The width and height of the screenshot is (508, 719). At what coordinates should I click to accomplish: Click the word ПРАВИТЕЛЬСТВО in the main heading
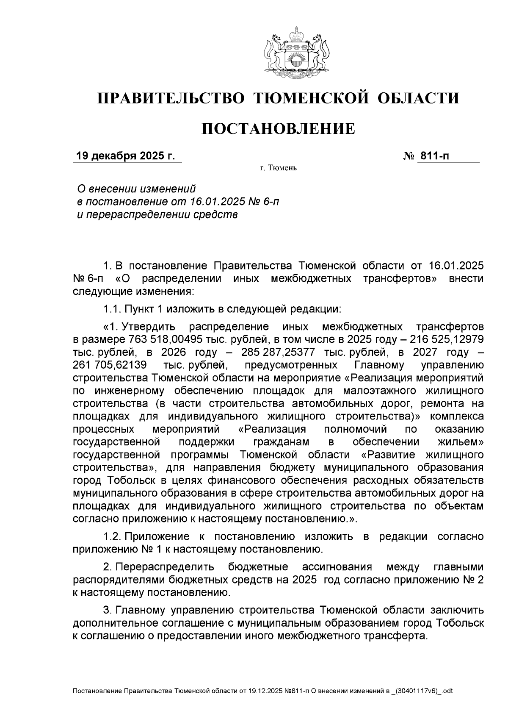(x=171, y=98)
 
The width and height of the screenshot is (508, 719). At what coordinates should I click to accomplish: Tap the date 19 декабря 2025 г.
(x=125, y=156)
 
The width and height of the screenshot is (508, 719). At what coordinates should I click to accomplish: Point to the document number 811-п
(x=433, y=156)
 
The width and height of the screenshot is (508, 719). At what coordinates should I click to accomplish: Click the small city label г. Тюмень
(x=278, y=169)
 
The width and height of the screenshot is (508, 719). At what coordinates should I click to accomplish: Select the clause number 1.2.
(x=111, y=536)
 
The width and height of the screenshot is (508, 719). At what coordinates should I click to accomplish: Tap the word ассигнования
(x=337, y=567)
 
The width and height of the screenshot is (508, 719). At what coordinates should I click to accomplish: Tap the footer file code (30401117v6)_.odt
(x=424, y=691)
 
